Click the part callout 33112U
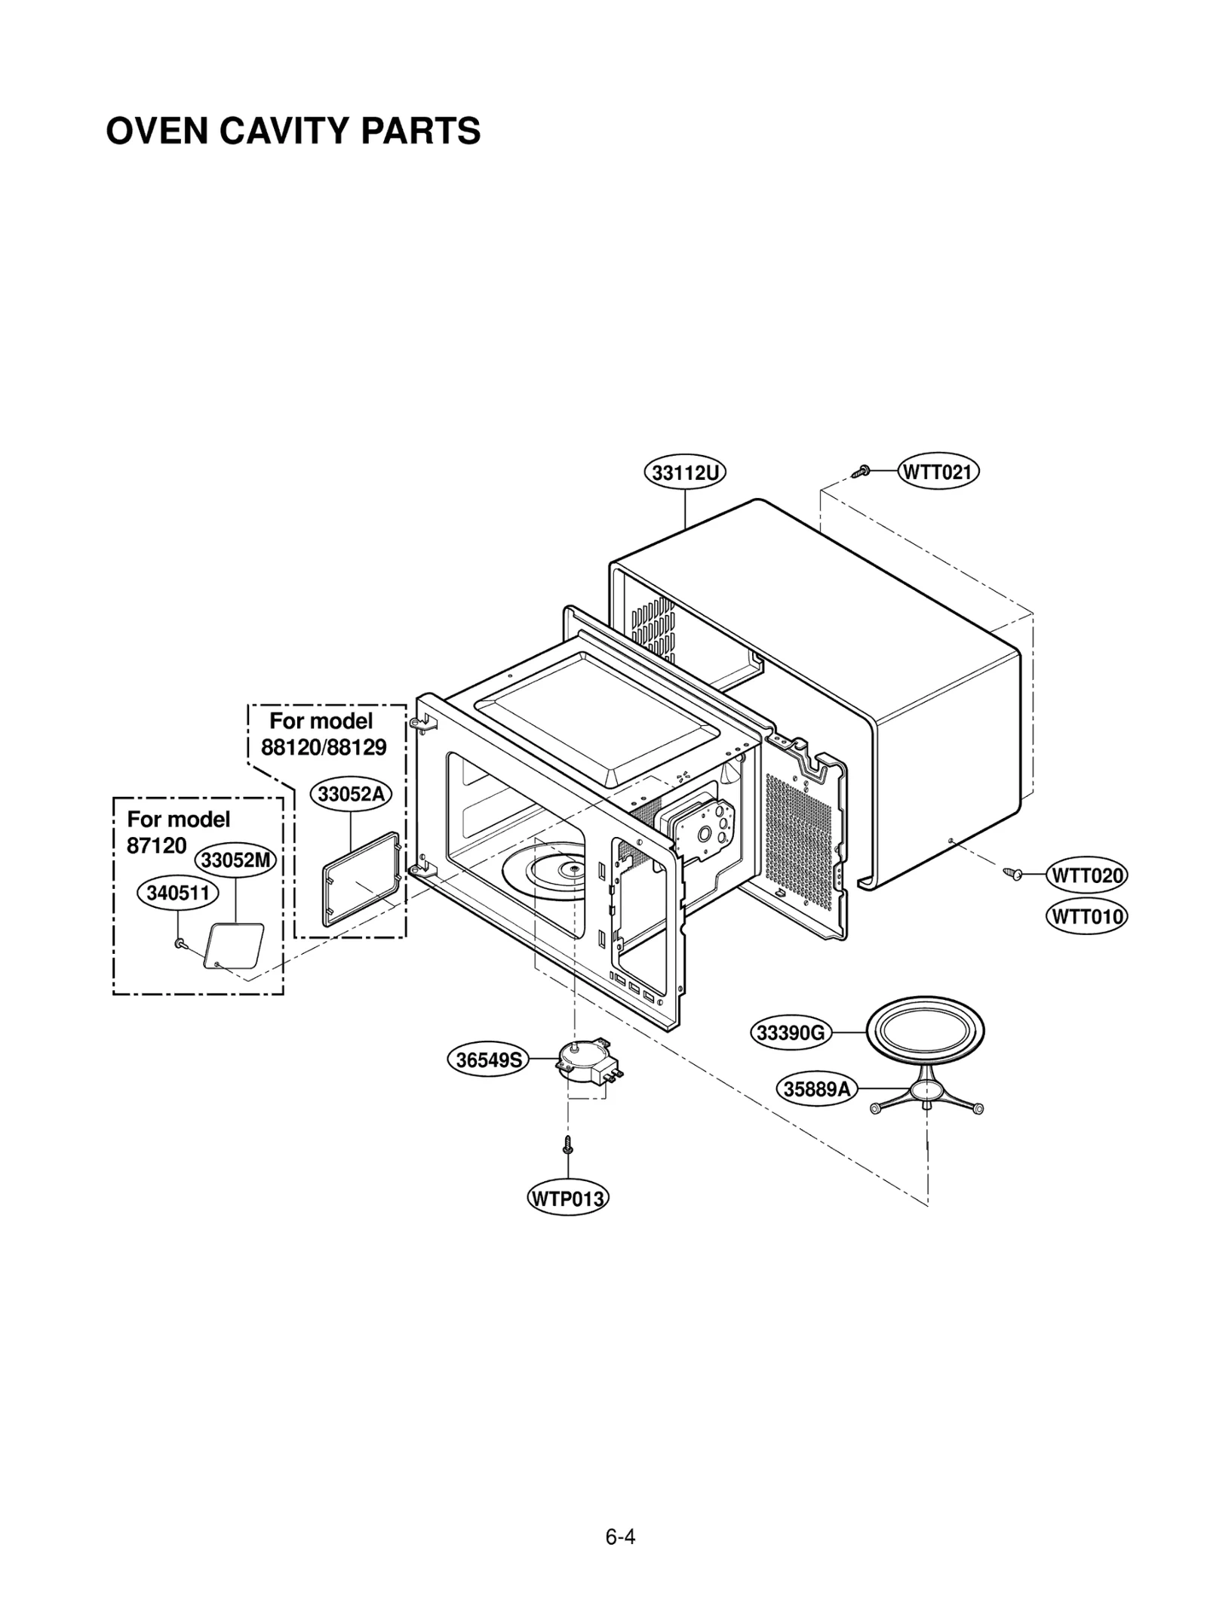pyautogui.click(x=684, y=472)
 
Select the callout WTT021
pyautogui.click(x=938, y=472)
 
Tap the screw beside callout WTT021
pyautogui.click(x=861, y=472)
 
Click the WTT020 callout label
pyautogui.click(x=1086, y=875)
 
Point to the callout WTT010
pyautogui.click(x=1086, y=917)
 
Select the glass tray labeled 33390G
pyautogui.click(x=924, y=1030)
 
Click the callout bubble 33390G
pyautogui.click(x=790, y=1032)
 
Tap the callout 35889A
pyautogui.click(x=816, y=1089)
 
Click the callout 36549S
pyautogui.click(x=488, y=1060)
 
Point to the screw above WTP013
pyautogui.click(x=567, y=1145)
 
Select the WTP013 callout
pyautogui.click(x=567, y=1198)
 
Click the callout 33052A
pyautogui.click(x=351, y=794)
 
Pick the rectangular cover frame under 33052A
pyautogui.click(x=361, y=879)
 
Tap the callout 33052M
pyautogui.click(x=235, y=860)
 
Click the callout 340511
pyautogui.click(x=177, y=893)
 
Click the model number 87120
pyautogui.click(x=156, y=845)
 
